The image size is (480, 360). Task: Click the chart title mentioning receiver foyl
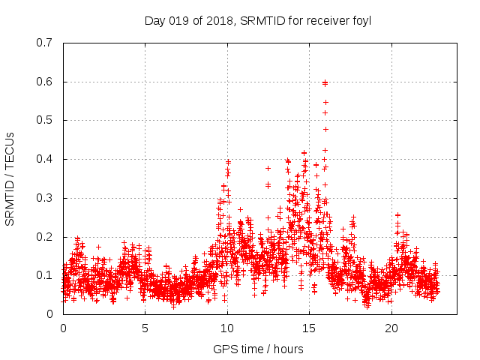tap(258, 20)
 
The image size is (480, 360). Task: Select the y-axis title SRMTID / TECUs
tap(10, 178)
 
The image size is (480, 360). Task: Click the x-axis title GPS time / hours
tap(258, 349)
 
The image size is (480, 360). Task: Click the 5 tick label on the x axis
tap(145, 328)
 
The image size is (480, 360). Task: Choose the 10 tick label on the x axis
tap(227, 328)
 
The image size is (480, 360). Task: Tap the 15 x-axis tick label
tap(309, 328)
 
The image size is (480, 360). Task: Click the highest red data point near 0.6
tap(325, 82)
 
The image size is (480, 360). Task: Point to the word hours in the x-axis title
tap(288, 349)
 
